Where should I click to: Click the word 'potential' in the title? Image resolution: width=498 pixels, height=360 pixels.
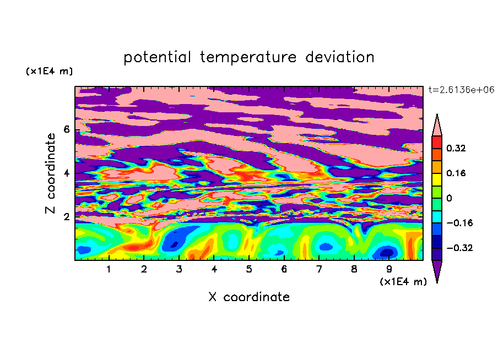157,57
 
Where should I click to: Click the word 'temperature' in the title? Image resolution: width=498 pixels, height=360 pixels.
248,57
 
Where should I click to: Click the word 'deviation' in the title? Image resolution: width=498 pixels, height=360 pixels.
340,57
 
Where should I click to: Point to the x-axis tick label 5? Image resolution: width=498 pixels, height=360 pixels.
249,269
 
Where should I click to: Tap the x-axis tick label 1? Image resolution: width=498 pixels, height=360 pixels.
109,269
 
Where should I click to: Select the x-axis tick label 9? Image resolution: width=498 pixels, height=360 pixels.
389,269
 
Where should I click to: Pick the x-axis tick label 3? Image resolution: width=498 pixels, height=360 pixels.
179,269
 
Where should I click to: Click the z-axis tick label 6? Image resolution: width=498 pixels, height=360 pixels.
67,129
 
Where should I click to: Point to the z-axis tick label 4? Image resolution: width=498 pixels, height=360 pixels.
67,173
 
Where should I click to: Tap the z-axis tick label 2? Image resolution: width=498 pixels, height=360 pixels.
67,217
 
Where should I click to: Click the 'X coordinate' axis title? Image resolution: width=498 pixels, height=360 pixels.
249,297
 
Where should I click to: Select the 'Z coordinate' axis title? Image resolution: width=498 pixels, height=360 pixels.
51,173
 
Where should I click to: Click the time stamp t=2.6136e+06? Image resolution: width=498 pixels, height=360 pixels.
461,90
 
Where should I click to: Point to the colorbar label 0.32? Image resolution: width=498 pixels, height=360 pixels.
456,148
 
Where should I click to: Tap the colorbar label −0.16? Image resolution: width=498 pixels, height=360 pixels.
459,223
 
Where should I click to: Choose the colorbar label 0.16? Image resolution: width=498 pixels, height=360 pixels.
456,173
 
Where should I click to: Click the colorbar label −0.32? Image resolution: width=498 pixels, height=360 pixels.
459,248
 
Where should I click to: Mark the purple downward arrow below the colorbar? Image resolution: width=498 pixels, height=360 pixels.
437,270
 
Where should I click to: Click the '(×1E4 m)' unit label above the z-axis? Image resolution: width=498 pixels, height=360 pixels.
49,71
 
